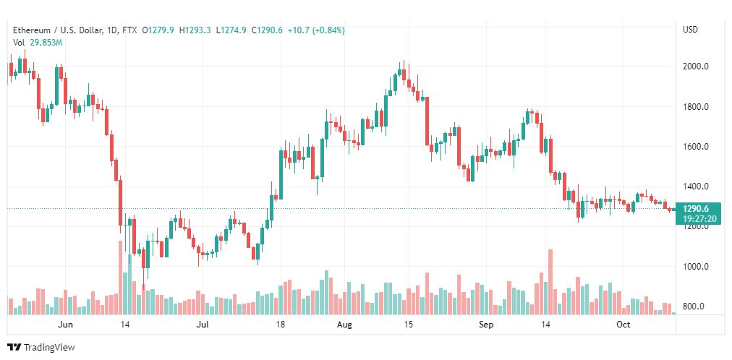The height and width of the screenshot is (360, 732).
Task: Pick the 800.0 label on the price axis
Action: coord(694,307)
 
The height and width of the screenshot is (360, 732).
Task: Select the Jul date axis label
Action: coord(202,325)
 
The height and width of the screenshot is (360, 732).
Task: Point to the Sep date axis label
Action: coord(487,325)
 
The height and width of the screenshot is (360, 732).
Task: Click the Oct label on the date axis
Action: coord(624,325)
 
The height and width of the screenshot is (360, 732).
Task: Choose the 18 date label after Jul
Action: coord(280,325)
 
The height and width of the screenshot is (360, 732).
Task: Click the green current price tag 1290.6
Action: coord(696,209)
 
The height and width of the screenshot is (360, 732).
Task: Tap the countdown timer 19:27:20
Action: coord(699,219)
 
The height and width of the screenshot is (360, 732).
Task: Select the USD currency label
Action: coord(691,30)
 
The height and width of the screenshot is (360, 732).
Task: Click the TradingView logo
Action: coord(41,348)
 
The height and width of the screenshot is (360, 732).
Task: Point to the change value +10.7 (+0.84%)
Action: coord(317,30)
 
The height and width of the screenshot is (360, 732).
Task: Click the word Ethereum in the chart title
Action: coord(32,30)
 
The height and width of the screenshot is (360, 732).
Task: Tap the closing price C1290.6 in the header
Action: coord(267,30)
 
